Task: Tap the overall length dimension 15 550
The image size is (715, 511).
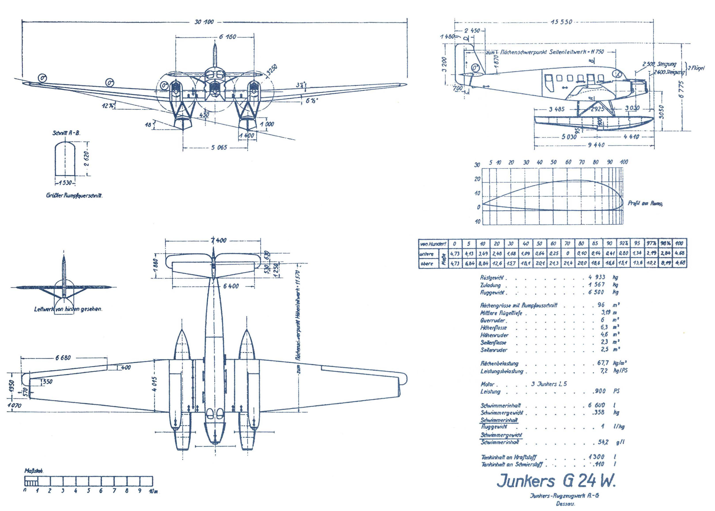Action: pos(561,22)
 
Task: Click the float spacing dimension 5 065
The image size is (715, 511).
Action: pos(219,148)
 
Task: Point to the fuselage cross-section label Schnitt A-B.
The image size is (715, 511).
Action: pos(66,133)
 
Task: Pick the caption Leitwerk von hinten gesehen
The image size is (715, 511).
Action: pos(68,309)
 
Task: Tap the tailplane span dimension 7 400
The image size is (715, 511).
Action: pos(219,240)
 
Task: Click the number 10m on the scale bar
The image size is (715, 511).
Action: pos(153,491)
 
